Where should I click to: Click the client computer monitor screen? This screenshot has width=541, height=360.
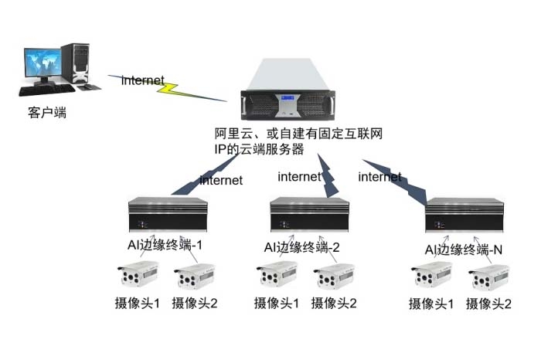point(43,63)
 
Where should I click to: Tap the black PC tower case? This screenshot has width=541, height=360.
point(76,63)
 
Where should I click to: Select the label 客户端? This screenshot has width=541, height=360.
point(47,113)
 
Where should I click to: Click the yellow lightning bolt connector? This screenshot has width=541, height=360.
point(168,88)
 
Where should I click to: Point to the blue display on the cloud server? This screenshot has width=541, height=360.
point(288,98)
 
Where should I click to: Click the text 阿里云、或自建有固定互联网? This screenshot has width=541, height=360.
point(298,134)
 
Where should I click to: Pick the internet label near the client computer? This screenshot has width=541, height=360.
point(143,80)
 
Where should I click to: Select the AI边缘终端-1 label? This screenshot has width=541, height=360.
point(165,245)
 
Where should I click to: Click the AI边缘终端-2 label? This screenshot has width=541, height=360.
point(301,247)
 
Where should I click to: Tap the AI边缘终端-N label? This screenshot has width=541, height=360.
point(464,250)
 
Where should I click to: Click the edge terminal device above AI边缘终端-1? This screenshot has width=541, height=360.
point(168,214)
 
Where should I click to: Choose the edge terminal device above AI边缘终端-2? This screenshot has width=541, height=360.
point(309,214)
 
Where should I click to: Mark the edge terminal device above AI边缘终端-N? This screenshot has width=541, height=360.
point(464,215)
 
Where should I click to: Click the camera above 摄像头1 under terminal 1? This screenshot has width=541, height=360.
point(138,273)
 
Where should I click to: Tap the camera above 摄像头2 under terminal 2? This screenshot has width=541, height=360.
point(334,276)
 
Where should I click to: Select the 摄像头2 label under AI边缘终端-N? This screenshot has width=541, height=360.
point(488,304)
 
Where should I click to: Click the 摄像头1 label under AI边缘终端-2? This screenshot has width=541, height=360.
point(277,303)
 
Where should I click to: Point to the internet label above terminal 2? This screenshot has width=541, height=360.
point(300,177)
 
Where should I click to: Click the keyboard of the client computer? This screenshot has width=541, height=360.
point(47,90)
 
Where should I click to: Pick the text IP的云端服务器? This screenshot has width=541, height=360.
point(259,149)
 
